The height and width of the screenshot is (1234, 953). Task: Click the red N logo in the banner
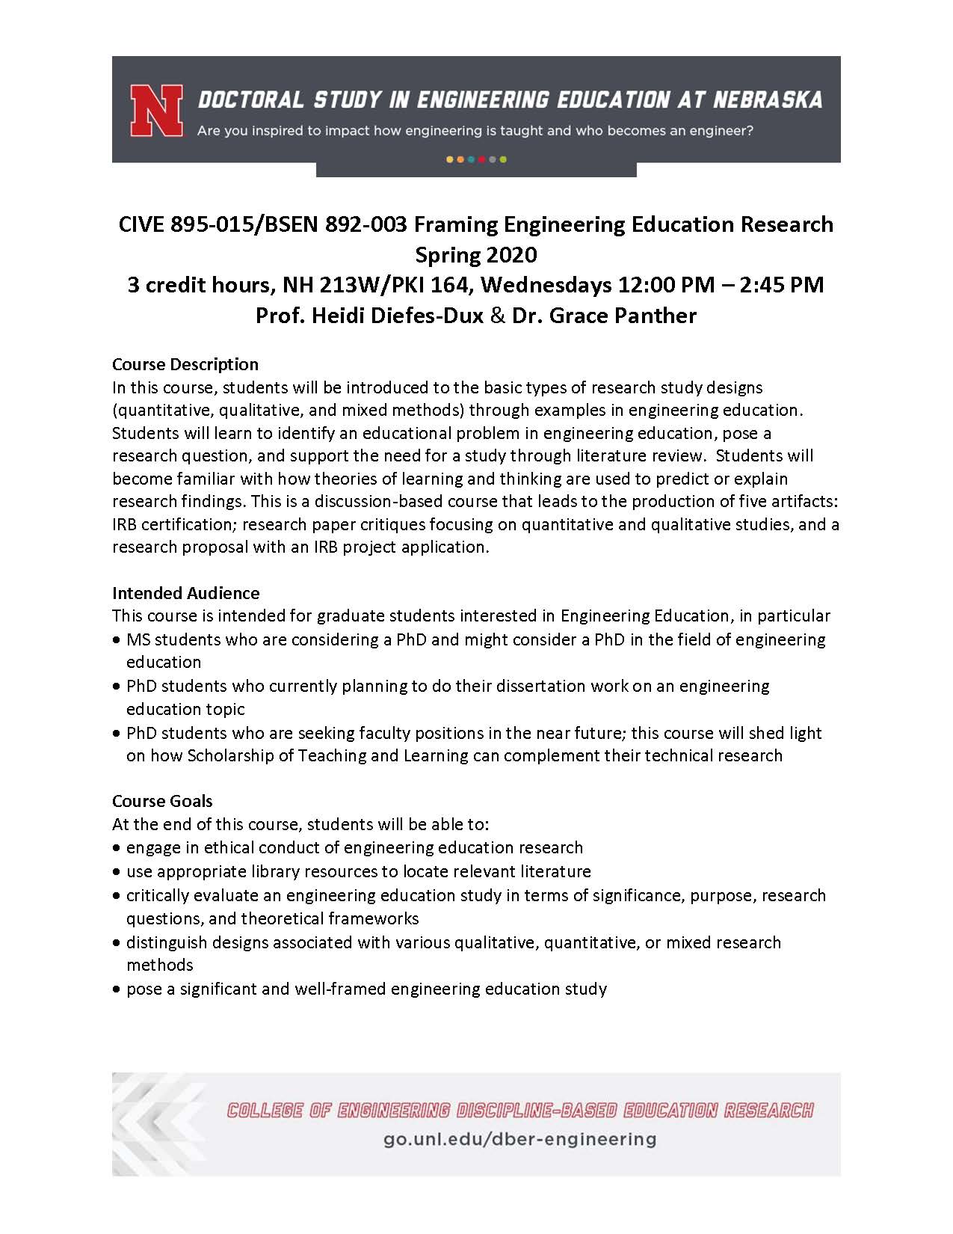[x=157, y=111]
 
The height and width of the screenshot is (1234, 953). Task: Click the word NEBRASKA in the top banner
[x=768, y=100]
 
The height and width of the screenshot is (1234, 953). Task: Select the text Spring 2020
[x=476, y=255]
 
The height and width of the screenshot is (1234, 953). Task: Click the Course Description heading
[x=185, y=364]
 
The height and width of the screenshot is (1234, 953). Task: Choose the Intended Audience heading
[x=186, y=593]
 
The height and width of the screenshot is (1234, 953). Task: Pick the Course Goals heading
[x=162, y=801]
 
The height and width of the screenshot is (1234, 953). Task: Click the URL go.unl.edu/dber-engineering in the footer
[x=519, y=1139]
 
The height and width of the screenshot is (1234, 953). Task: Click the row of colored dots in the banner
[x=476, y=159]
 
